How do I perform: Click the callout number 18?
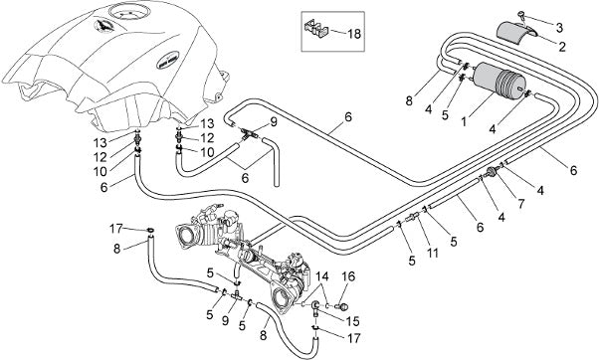[x=354, y=34]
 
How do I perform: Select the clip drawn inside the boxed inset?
[x=316, y=30]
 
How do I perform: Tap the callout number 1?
[x=464, y=121]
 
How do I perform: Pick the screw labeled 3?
[x=521, y=16]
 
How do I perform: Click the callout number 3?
[x=559, y=28]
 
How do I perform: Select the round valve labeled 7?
[x=492, y=173]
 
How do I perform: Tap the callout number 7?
[x=521, y=204]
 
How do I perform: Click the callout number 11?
[x=433, y=253]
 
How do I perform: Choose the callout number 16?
[x=348, y=276]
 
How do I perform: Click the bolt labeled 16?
[x=342, y=305]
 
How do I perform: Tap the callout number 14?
[x=321, y=276]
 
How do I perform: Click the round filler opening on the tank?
[x=127, y=13]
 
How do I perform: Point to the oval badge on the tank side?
[x=167, y=60]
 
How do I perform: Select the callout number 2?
[x=561, y=47]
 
